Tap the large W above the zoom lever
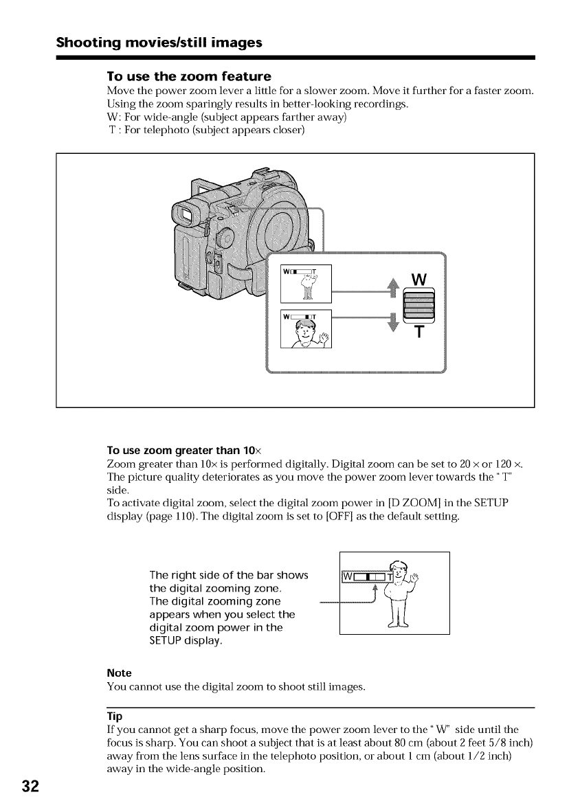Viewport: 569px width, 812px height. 419,280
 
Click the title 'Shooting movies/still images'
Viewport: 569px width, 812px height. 159,43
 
